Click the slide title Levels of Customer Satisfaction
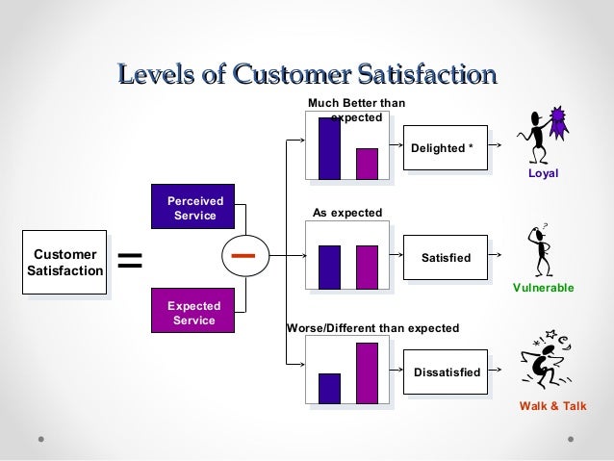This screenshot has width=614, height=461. point(306,73)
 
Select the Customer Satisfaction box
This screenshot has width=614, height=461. point(65,263)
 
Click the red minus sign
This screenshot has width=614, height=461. point(248,256)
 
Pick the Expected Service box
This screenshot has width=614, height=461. point(193,313)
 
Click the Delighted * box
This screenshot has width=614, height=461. point(442,148)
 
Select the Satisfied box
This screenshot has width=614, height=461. point(446,259)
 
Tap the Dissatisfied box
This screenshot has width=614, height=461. point(446,371)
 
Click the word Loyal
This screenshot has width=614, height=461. point(544,176)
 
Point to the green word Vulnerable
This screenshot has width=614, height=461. point(543,288)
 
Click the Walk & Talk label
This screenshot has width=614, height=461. point(551,407)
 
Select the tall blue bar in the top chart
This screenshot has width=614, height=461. point(329,148)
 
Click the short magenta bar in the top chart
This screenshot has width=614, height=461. point(367,164)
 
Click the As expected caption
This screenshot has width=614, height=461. point(347,212)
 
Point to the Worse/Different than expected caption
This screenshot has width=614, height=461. point(373,328)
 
